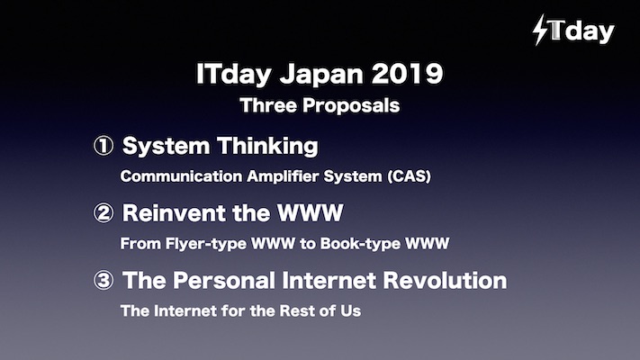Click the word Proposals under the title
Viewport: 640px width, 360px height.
coord(351,106)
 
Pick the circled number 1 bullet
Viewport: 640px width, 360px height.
coord(104,146)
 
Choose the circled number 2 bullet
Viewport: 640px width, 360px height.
coord(104,213)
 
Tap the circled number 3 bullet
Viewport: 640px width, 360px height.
coord(104,281)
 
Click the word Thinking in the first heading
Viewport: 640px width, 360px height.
coord(267,147)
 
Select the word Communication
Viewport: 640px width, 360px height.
coord(181,176)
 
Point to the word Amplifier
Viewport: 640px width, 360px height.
coord(283,176)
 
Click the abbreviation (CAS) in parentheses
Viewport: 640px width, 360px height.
coord(409,176)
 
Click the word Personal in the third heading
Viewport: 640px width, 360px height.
coord(223,281)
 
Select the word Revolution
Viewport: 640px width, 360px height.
coord(445,281)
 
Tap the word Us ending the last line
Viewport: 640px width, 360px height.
coord(351,311)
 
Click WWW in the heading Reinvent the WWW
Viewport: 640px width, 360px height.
coord(311,213)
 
